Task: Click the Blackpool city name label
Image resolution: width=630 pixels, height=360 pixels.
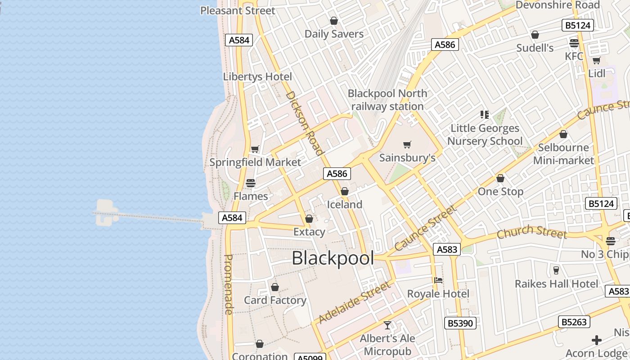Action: click(x=333, y=258)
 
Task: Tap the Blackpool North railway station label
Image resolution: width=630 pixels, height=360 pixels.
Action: click(x=387, y=100)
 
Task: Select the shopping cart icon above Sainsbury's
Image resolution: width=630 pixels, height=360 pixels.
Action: click(x=407, y=145)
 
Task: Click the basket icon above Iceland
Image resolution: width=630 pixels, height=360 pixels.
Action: click(x=345, y=192)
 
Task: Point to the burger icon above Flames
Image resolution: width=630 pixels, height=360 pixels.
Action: click(x=251, y=183)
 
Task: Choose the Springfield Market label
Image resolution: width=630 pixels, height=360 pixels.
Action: click(x=255, y=162)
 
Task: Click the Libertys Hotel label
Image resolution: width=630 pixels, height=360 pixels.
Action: click(x=257, y=76)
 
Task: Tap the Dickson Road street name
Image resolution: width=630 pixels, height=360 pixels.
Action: click(x=305, y=123)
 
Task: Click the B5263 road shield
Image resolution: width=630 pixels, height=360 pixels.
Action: click(x=574, y=322)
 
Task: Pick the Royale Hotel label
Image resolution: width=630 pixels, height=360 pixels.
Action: click(x=438, y=294)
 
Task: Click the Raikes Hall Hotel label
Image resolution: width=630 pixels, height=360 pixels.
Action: click(x=557, y=284)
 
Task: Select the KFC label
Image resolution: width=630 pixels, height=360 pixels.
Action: click(x=574, y=56)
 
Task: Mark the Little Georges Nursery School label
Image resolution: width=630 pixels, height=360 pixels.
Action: click(x=485, y=135)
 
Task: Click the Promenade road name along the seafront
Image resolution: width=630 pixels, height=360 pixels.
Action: click(x=228, y=284)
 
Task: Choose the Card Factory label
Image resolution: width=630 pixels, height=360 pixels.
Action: click(x=275, y=300)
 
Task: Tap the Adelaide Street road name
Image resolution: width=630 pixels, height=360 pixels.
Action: click(x=354, y=302)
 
